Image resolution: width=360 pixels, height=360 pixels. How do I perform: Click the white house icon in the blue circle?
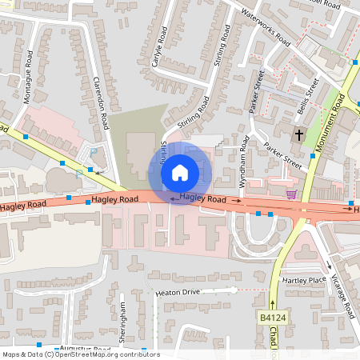tap(180, 172)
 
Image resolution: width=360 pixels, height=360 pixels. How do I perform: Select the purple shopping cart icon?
tap(291, 193)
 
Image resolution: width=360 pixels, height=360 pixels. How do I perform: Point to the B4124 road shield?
tap(272, 318)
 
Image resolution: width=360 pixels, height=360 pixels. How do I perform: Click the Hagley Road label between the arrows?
tap(204, 198)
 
